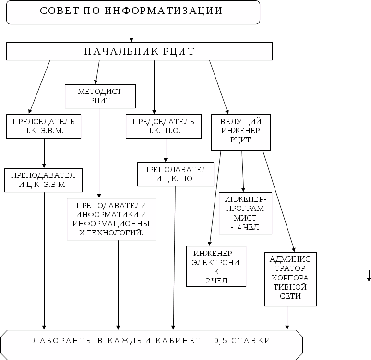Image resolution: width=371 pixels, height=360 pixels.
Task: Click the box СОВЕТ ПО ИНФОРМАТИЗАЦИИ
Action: (133, 12)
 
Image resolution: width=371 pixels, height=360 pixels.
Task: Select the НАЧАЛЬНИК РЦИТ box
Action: (139, 51)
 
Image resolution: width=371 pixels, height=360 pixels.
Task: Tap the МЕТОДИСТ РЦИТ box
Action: (100, 96)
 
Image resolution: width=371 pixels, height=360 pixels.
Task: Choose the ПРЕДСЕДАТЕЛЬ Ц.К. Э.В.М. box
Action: (43, 126)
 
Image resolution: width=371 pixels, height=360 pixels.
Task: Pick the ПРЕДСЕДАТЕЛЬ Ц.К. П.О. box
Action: (163, 126)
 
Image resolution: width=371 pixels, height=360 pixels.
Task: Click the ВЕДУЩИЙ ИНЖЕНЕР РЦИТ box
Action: (240, 131)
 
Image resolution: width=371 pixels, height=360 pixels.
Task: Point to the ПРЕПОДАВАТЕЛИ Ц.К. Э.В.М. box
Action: (43, 180)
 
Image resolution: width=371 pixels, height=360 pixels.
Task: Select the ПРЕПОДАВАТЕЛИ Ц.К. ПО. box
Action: (175, 174)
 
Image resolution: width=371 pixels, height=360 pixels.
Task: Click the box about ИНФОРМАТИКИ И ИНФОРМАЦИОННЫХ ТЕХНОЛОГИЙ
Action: (111, 219)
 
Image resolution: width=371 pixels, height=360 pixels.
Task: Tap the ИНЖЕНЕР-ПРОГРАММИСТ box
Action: (245, 213)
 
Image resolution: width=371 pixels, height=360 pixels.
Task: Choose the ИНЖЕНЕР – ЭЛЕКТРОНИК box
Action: (216, 267)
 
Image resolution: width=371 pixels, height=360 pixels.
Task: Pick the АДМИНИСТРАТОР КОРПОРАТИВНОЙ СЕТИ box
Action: (290, 279)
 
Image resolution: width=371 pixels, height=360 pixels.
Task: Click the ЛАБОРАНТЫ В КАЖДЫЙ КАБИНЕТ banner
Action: (152, 341)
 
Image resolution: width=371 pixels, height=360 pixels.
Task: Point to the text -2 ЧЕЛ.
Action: (216, 281)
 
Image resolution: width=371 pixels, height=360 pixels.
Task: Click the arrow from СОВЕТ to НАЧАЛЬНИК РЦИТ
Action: (132, 33)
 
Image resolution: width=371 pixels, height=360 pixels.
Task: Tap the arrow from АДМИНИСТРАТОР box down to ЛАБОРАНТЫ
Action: (287, 318)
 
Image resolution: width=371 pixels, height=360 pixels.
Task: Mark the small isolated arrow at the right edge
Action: (369, 276)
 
